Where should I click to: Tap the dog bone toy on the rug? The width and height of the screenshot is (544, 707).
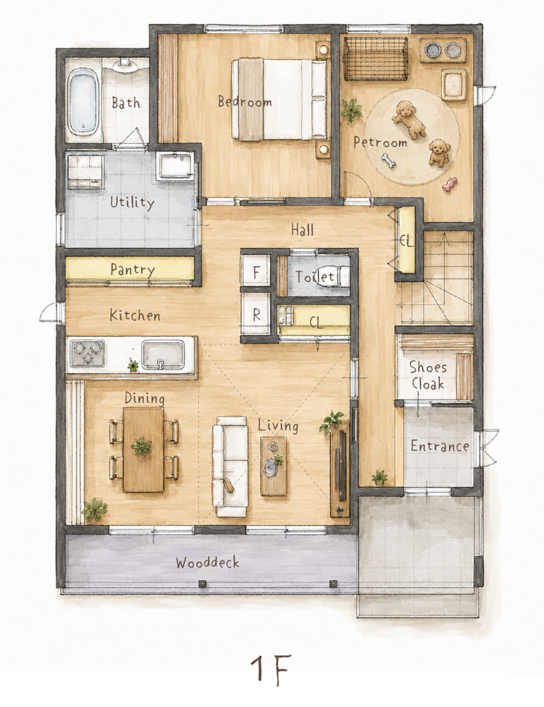388,161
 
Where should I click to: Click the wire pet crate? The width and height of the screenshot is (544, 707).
375,59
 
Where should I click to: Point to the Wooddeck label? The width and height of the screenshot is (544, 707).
208,563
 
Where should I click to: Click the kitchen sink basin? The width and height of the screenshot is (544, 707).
163,355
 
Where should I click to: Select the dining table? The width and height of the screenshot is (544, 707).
143,450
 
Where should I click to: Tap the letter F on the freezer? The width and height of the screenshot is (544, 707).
256,273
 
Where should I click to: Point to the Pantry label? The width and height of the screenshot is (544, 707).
132,270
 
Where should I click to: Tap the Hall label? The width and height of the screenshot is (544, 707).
302,230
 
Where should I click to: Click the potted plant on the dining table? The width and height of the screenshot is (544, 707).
141,447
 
